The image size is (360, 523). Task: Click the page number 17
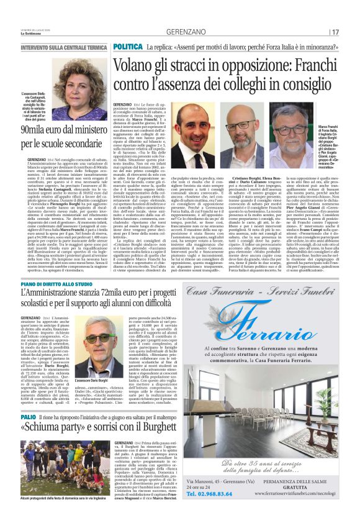(x=335, y=32)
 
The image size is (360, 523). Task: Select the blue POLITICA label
(x=128, y=47)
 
